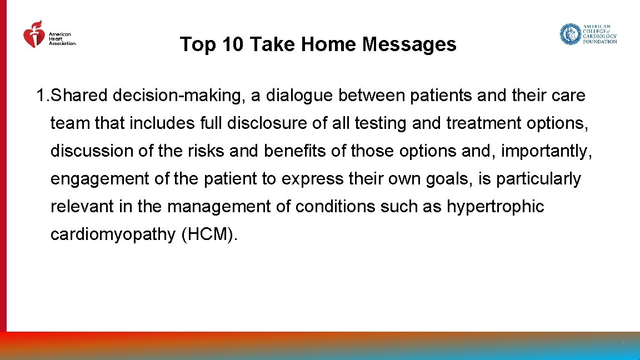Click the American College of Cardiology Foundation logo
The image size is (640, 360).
588,34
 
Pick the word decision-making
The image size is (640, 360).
179,96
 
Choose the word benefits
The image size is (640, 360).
301,151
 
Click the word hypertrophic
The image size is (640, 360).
496,207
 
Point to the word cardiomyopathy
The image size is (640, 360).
113,234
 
